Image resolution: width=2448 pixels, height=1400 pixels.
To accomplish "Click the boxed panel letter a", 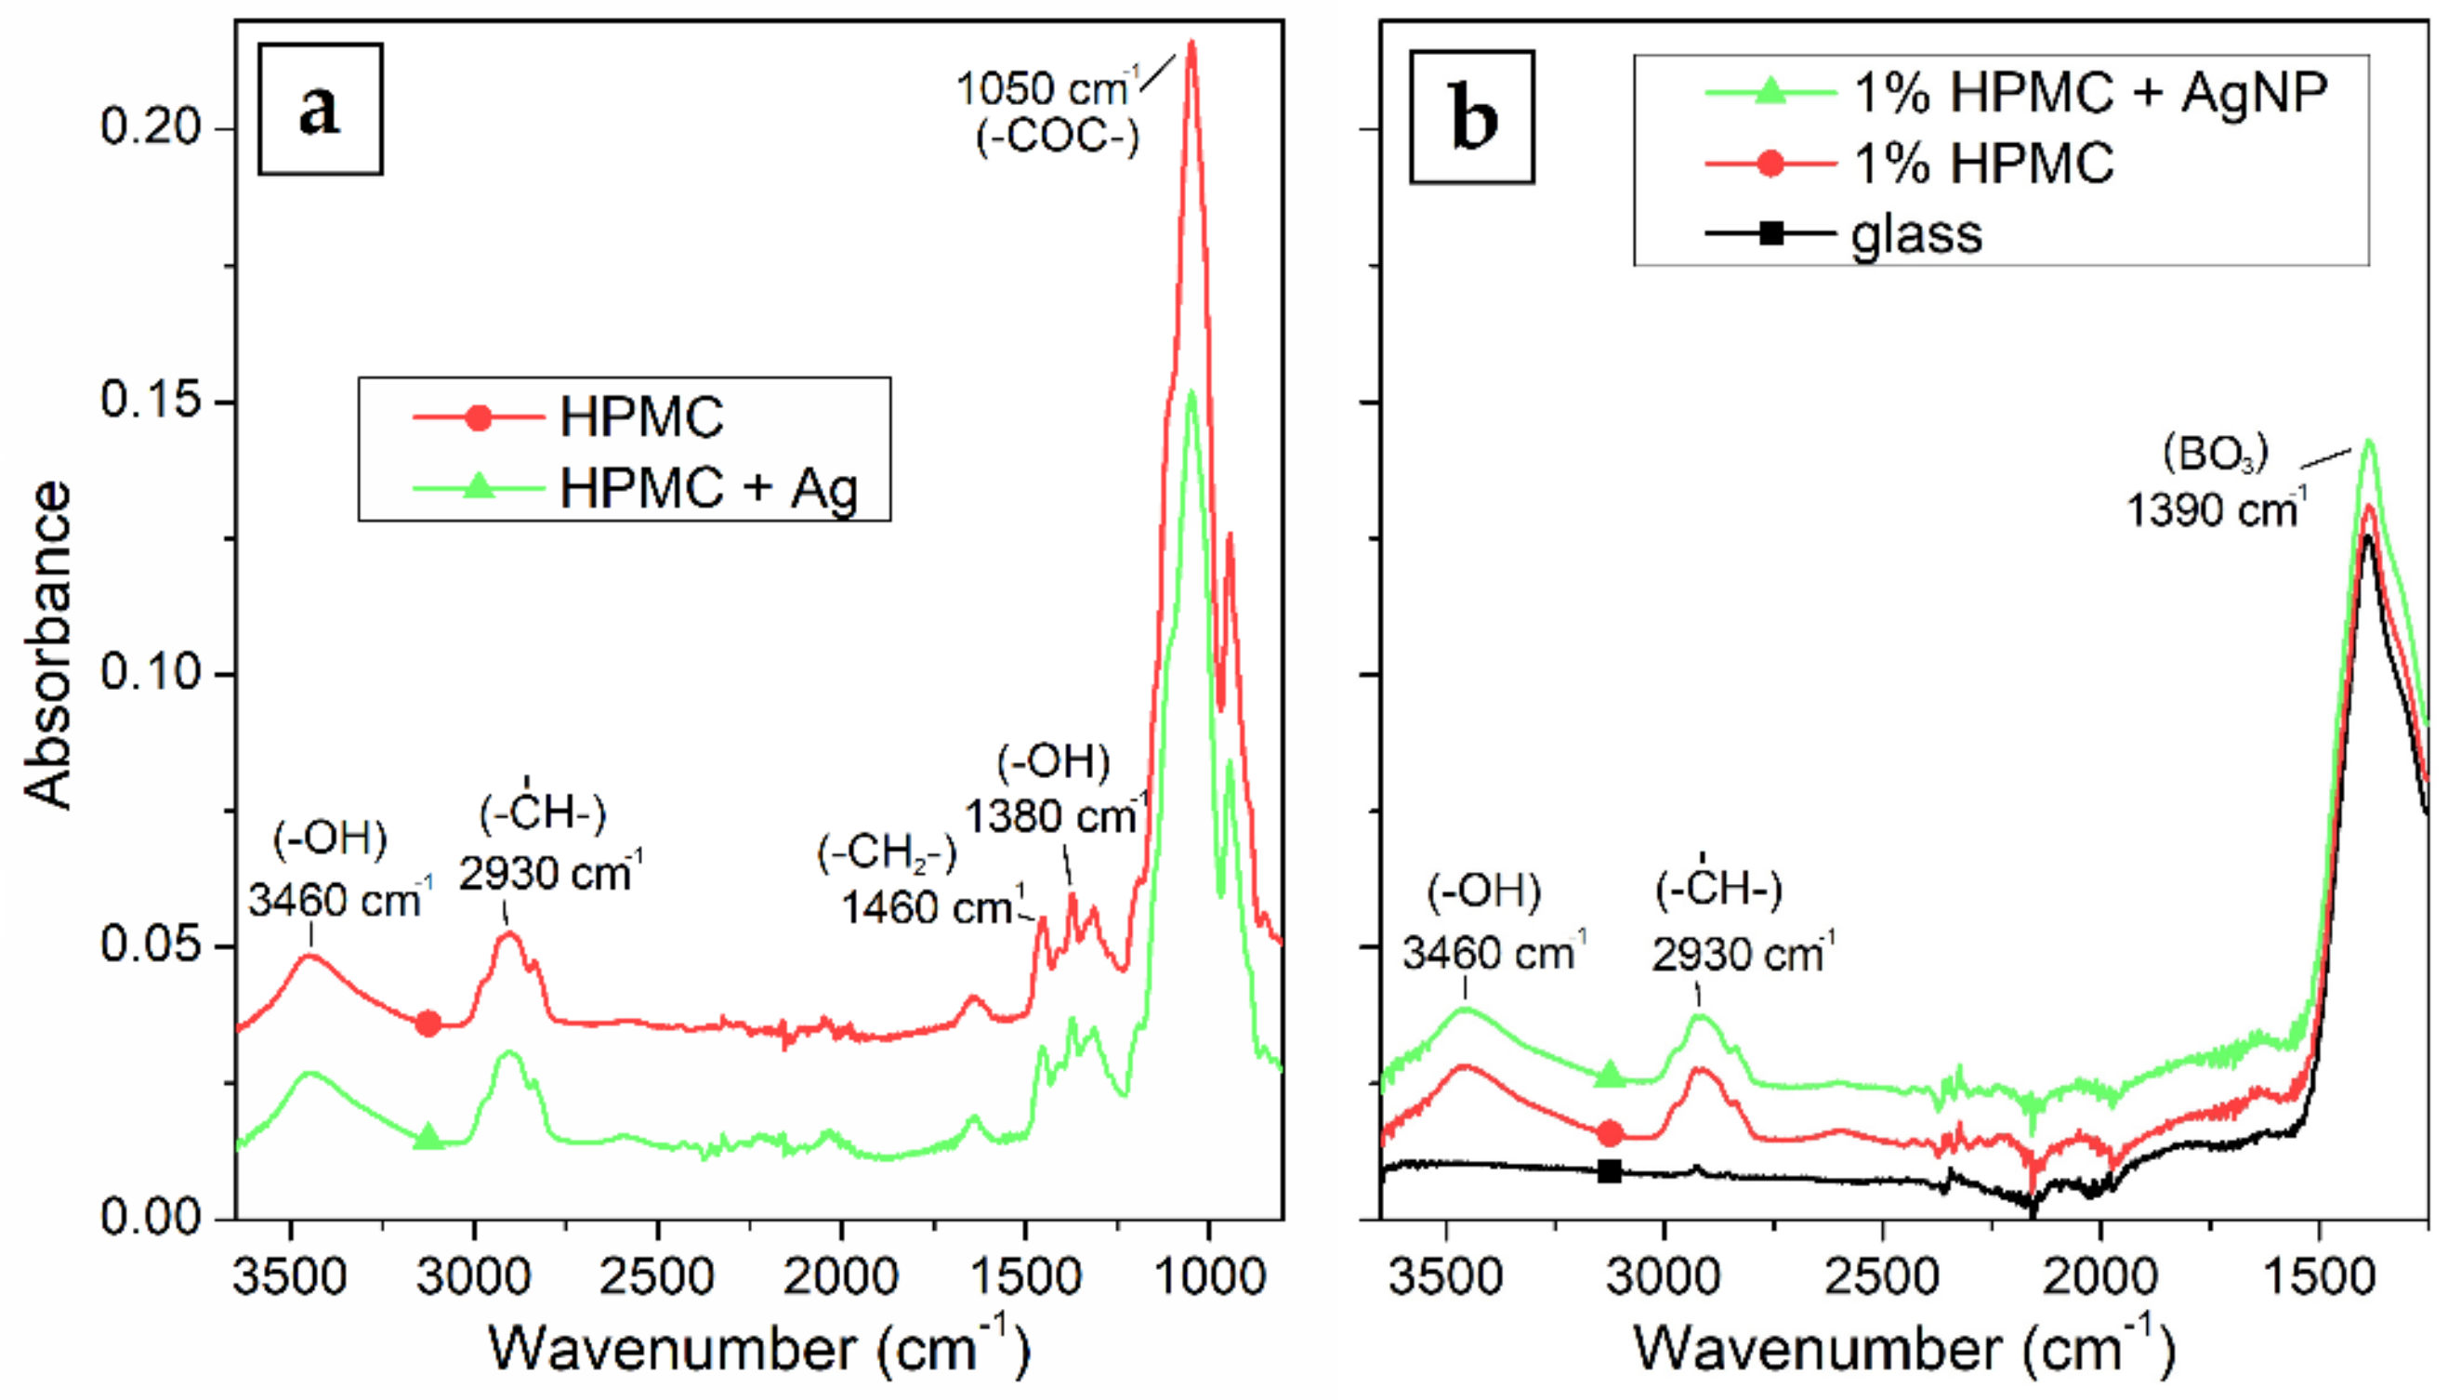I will pos(320,109).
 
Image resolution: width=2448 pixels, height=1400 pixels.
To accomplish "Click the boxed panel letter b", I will pos(1471,117).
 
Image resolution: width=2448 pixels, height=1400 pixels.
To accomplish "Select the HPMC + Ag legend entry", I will pos(708,487).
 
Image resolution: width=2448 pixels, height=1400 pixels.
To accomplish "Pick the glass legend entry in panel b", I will pos(1915,233).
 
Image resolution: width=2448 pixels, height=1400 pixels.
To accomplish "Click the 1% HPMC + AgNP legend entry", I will pos(2089,92).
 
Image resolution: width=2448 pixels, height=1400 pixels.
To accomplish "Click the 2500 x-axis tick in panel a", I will pos(657,1278).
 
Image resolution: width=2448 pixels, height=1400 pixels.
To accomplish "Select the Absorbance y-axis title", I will pos(48,644).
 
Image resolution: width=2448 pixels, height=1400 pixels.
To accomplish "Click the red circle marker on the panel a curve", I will pos(428,1024).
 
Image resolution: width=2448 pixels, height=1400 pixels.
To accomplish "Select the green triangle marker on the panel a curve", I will pos(428,1138).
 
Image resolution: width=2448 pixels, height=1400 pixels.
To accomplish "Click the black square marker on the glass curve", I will pos(1609,1171).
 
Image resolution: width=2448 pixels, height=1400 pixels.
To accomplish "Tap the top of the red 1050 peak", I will pos(1191,44).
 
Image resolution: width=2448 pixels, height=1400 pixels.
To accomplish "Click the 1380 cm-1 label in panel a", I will pos(1056,817).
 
